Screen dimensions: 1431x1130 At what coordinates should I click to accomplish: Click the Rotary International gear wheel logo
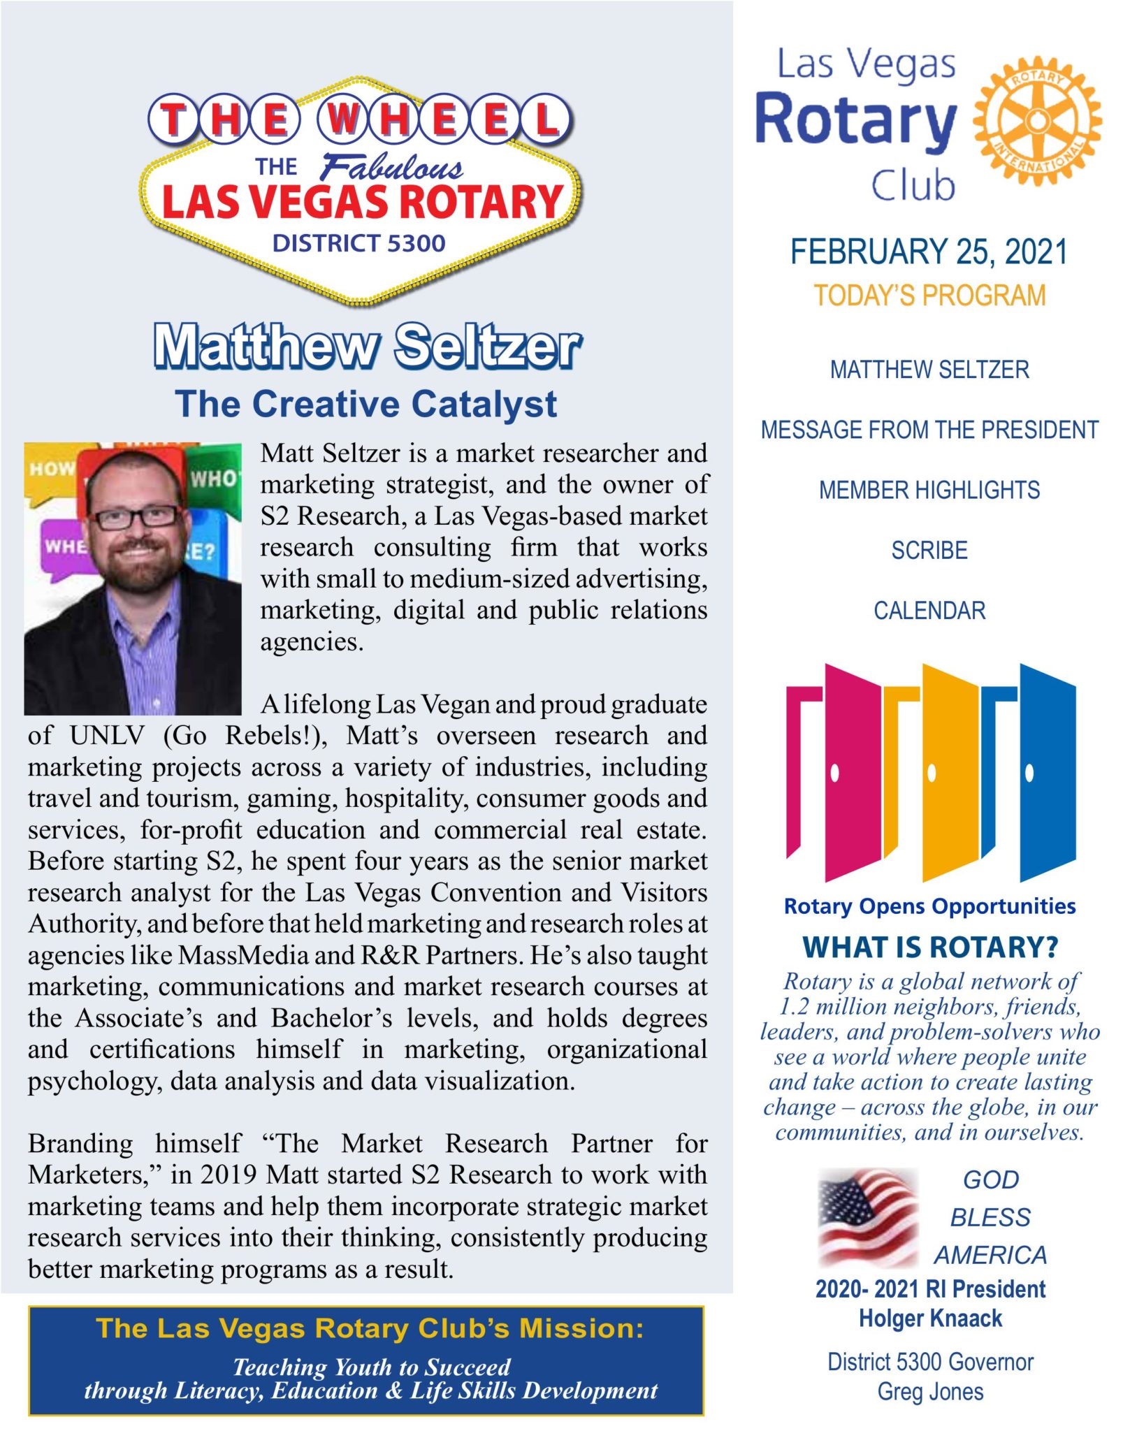(1038, 120)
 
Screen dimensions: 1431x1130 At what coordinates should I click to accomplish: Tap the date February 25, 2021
(929, 252)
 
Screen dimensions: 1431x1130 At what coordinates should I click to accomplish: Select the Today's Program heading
(929, 296)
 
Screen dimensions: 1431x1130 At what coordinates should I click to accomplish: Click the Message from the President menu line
(929, 430)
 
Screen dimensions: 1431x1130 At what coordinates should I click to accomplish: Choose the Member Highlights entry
(929, 490)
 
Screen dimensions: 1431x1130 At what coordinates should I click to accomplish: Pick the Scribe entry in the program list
(929, 551)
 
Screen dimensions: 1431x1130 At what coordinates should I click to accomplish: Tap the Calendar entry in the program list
(929, 611)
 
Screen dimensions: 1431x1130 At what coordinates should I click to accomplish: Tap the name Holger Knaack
(930, 1319)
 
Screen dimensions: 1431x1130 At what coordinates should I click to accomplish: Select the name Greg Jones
(930, 1391)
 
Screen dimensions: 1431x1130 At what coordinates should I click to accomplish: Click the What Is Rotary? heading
(930, 947)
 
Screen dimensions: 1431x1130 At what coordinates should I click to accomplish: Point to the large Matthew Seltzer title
(367, 346)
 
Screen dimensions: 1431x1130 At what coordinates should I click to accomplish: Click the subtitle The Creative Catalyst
(366, 404)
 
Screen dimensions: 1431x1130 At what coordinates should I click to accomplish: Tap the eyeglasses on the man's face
(136, 517)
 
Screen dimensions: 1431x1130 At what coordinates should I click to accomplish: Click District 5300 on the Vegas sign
(358, 243)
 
